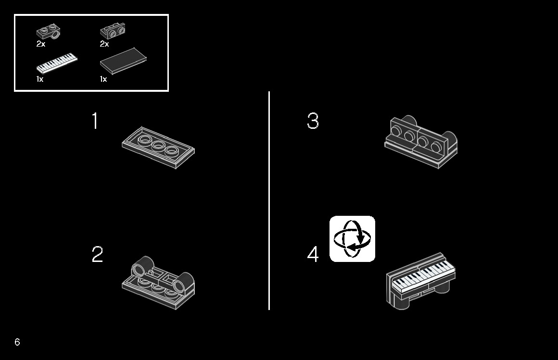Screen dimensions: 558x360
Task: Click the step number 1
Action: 95,121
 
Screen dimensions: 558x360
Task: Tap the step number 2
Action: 97,254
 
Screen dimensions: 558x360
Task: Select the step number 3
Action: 313,121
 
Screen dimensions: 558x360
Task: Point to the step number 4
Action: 313,254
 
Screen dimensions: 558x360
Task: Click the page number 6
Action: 17,342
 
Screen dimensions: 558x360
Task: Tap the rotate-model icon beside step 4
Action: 352,239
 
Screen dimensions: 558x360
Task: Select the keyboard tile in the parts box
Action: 57,63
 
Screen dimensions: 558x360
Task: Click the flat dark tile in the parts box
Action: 123,61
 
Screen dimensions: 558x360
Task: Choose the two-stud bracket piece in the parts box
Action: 113,31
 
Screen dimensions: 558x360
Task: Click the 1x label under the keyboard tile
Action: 39,79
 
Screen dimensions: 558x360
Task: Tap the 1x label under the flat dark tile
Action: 103,79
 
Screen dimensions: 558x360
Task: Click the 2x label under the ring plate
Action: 40,44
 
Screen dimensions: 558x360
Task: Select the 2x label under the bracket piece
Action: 104,44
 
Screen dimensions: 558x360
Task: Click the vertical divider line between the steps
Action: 269,200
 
